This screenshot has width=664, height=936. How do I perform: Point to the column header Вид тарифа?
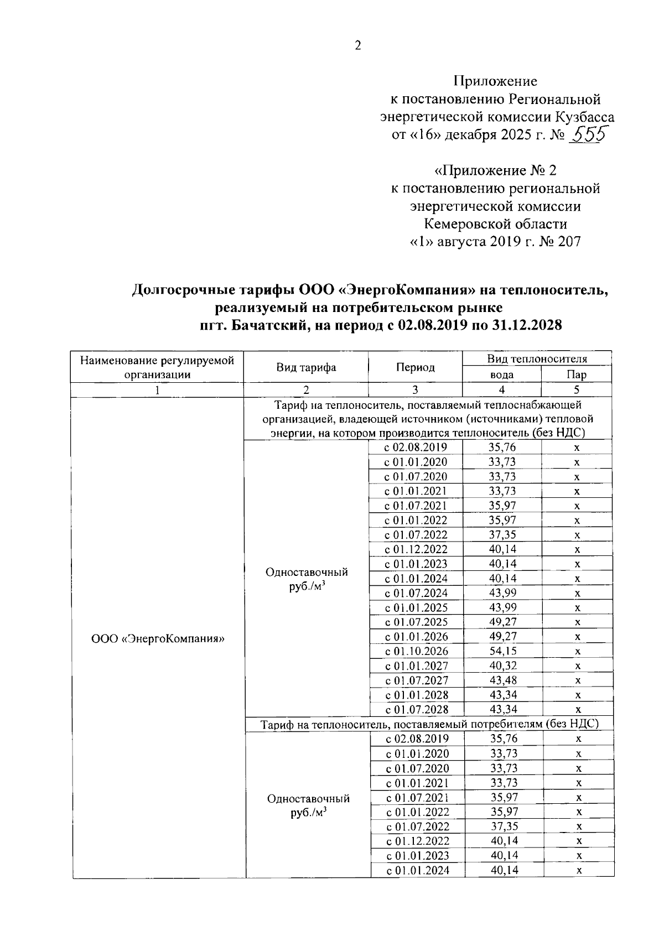click(x=306, y=367)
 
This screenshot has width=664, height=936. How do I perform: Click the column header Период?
click(x=415, y=367)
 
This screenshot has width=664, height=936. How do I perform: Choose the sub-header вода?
click(x=501, y=375)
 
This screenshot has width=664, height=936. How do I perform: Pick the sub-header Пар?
click(x=577, y=375)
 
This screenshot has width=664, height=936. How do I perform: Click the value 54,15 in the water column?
click(x=502, y=651)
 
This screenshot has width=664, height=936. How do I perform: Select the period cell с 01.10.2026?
click(x=417, y=651)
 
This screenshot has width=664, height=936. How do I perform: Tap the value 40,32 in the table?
click(x=502, y=665)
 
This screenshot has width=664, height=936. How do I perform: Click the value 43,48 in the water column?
click(x=502, y=680)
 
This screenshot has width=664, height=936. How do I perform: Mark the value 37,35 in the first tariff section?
click(x=502, y=534)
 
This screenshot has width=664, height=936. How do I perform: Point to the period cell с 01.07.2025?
click(x=417, y=622)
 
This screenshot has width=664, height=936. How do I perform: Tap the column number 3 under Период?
click(x=415, y=390)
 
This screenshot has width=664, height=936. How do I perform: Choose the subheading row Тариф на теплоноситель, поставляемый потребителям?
click(x=429, y=724)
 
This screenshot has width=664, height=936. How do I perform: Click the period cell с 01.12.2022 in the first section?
click(x=417, y=549)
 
